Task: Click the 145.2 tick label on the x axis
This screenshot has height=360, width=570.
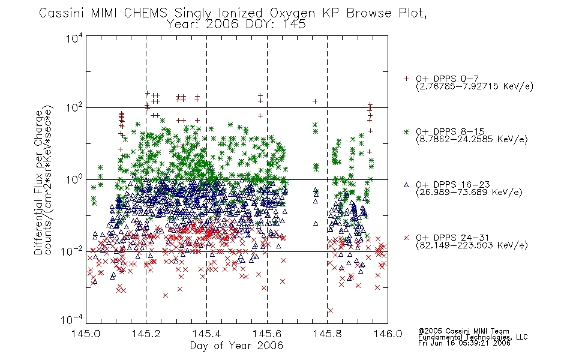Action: click(146, 334)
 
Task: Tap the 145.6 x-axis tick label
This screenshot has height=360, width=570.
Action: click(267, 334)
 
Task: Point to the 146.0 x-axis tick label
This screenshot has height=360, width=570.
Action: click(388, 334)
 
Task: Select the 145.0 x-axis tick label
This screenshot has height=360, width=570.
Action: click(86, 334)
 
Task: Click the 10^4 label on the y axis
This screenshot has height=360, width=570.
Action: click(74, 38)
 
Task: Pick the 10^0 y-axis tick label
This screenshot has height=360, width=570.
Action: click(74, 179)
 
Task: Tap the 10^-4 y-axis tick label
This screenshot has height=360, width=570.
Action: click(72, 320)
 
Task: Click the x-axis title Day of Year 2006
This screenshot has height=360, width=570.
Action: click(236, 346)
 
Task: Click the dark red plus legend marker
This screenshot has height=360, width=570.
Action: click(406, 79)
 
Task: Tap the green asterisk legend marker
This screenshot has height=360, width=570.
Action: click(406, 131)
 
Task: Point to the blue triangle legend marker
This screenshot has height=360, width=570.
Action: click(406, 185)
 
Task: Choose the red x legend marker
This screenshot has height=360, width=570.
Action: click(406, 238)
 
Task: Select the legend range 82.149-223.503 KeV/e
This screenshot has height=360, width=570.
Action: click(472, 246)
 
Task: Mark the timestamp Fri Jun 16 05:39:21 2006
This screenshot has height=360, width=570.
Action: click(464, 343)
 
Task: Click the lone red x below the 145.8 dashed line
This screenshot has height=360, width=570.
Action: click(331, 311)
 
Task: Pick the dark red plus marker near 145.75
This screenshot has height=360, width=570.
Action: click(315, 101)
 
